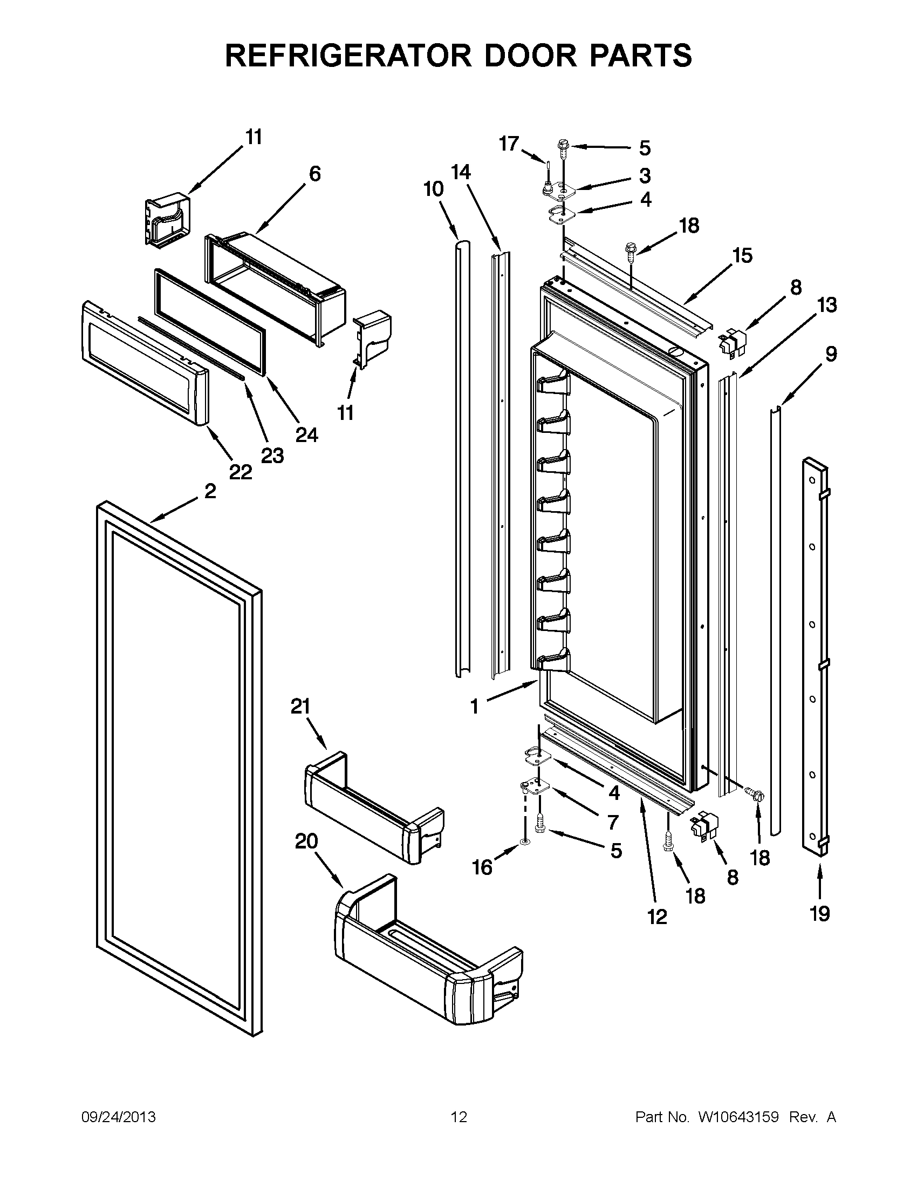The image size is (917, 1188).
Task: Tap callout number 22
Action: tap(240, 472)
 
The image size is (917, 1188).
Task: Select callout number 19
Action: tap(819, 914)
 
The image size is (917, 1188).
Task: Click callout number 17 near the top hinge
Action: tap(509, 144)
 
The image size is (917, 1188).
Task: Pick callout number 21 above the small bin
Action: tap(300, 707)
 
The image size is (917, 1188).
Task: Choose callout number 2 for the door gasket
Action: tap(210, 491)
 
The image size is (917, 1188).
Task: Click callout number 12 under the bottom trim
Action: tap(656, 917)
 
